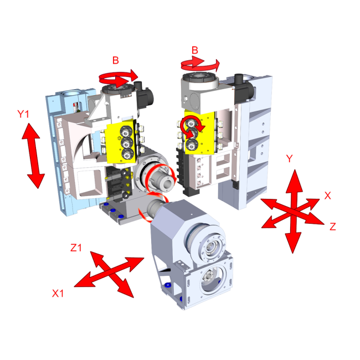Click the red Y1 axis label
[23, 115]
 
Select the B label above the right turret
[194, 51]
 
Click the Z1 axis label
[76, 248]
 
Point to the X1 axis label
[58, 293]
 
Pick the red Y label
[289, 158]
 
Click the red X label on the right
[327, 195]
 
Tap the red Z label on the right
[333, 226]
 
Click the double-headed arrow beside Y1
[34, 156]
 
